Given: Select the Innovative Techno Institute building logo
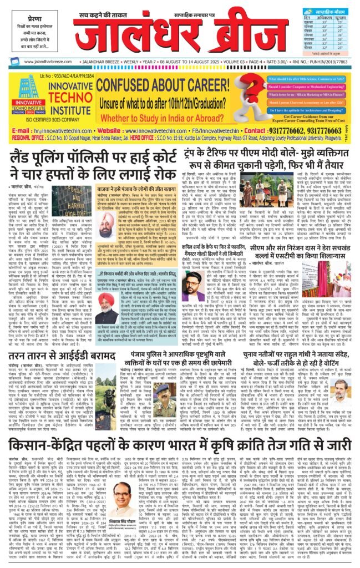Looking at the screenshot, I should [x=25, y=89].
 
